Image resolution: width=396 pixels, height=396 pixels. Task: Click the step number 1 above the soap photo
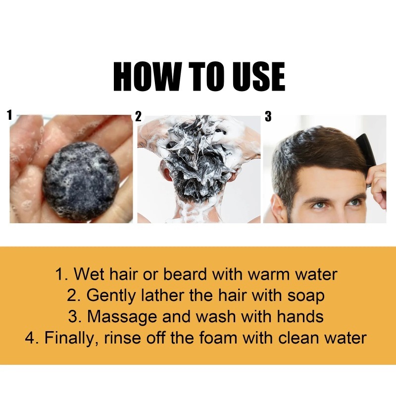[9, 116]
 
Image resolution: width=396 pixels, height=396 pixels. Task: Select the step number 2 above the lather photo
[138, 117]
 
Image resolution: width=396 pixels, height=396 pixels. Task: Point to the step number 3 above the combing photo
[268, 117]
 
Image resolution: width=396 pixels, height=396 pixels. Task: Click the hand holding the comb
[379, 183]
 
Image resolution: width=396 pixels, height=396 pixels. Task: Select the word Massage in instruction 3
[121, 317]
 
